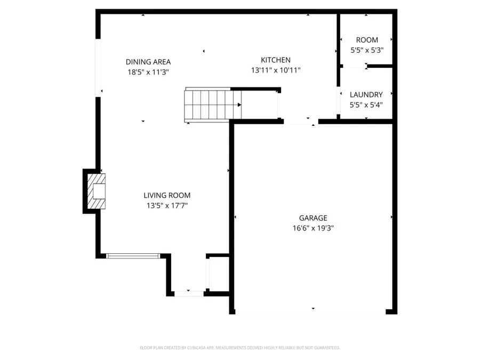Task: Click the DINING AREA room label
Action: (x=148, y=62)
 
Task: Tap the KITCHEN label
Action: (x=275, y=60)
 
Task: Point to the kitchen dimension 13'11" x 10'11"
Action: (x=275, y=70)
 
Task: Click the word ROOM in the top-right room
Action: (x=367, y=40)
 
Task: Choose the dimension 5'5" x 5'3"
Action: (x=367, y=50)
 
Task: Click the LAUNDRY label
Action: (x=366, y=95)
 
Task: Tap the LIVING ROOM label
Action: (x=166, y=196)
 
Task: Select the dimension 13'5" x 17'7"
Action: (x=166, y=205)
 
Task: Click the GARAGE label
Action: (x=313, y=218)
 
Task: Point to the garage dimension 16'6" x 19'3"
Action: (x=313, y=228)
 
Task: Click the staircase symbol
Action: (x=212, y=105)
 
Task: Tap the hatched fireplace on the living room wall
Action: (x=96, y=191)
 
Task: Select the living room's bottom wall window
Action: (x=133, y=256)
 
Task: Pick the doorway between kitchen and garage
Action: (x=301, y=122)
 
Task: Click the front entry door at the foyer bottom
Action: (x=189, y=293)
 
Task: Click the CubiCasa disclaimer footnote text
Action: (x=239, y=348)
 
